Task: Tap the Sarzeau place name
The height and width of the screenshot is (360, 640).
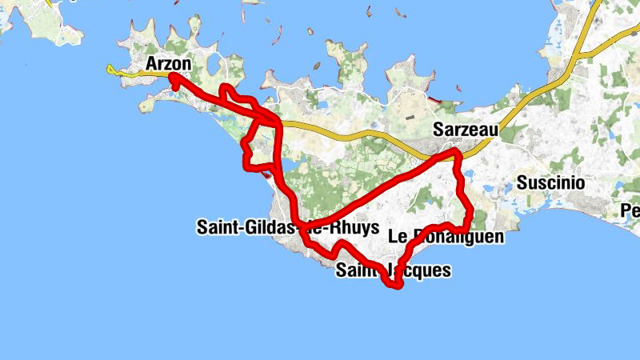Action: [x=465, y=129]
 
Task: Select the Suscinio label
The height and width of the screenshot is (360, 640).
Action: [x=550, y=182]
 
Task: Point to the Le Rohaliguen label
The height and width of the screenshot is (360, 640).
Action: [x=446, y=237]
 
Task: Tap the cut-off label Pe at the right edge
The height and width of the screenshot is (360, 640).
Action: [x=631, y=211]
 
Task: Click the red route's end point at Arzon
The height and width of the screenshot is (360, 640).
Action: [x=172, y=78]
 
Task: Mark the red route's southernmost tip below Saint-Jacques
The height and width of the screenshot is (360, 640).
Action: [x=394, y=285]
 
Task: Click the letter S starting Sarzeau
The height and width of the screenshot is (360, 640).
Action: [x=438, y=129]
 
